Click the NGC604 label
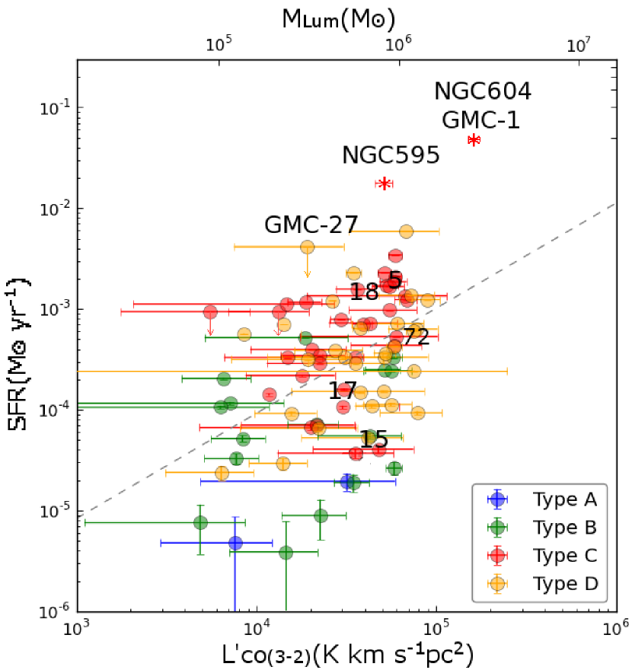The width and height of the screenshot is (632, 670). tap(482, 91)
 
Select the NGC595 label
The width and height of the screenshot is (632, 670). tap(391, 155)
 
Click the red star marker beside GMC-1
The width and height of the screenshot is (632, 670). tap(474, 140)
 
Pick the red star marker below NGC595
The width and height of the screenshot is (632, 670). tap(385, 183)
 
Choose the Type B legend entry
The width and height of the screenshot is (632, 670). tap(564, 528)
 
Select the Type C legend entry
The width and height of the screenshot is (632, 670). tap(564, 556)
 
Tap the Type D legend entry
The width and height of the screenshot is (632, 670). tap(564, 584)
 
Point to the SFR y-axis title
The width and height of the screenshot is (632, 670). tap(20, 356)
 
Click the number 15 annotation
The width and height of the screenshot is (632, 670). tap(375, 439)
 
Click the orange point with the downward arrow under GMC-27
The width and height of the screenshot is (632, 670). tap(307, 247)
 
